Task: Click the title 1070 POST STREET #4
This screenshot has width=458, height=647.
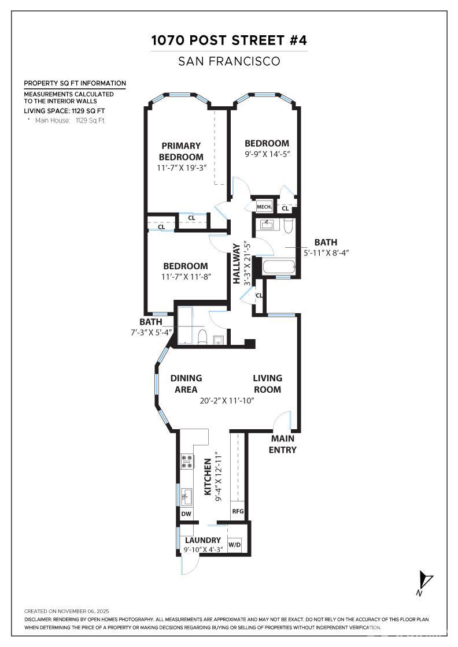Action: (229, 40)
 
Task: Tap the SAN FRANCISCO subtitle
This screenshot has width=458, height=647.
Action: (229, 61)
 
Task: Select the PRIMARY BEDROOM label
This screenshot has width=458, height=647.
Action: (181, 151)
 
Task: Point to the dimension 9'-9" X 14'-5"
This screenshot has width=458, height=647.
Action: (266, 154)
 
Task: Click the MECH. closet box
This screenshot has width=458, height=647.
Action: (264, 207)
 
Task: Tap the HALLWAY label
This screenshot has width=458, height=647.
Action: (237, 263)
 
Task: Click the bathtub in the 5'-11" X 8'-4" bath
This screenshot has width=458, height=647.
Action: (278, 268)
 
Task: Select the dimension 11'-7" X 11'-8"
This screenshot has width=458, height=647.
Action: (185, 277)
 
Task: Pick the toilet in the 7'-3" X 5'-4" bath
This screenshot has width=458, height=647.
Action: (202, 337)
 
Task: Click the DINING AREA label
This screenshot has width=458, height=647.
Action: (186, 384)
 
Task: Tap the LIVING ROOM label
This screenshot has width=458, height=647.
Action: (267, 384)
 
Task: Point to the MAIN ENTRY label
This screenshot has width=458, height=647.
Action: (283, 445)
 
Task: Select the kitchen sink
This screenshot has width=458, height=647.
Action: (187, 496)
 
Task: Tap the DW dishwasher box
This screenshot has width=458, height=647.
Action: (186, 514)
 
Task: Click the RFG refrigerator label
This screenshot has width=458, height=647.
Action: (238, 511)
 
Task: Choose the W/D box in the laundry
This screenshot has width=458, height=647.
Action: (234, 545)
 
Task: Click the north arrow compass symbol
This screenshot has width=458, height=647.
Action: (425, 581)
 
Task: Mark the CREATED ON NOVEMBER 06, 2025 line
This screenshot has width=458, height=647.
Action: (67, 611)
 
